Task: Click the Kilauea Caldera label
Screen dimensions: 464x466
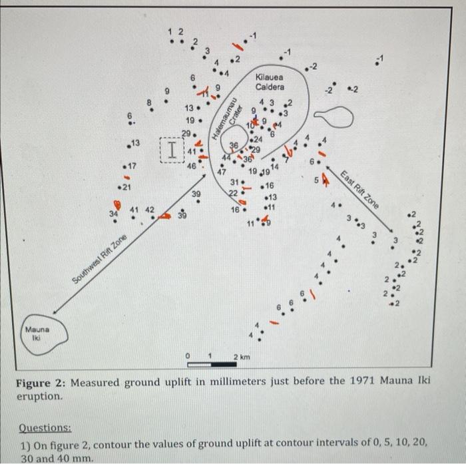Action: pos(270,83)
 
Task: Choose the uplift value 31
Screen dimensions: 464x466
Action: pos(234,182)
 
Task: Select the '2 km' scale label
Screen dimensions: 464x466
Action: pos(241,358)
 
